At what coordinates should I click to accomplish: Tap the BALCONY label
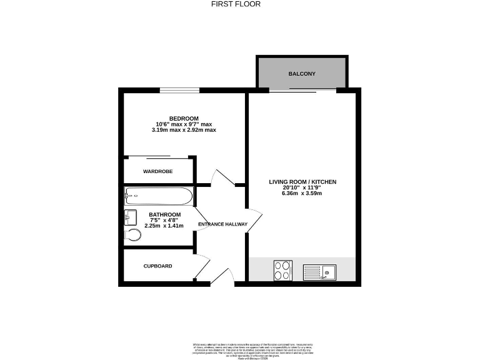tap(302, 74)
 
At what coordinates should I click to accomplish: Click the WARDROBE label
tap(157, 171)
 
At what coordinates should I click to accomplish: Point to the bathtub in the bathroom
tap(158, 196)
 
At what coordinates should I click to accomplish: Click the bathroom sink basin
tap(131, 217)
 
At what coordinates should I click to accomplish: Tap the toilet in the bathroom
tap(132, 235)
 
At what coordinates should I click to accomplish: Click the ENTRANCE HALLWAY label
tap(222, 224)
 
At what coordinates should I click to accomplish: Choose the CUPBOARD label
tap(157, 266)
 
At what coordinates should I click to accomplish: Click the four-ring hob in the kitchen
tap(282, 271)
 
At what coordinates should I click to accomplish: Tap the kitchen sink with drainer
tap(319, 271)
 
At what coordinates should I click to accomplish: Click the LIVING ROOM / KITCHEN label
tap(302, 182)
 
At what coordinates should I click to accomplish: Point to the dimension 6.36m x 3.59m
tap(302, 193)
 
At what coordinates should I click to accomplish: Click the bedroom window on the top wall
tap(179, 90)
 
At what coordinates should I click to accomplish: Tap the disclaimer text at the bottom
tap(240, 348)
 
